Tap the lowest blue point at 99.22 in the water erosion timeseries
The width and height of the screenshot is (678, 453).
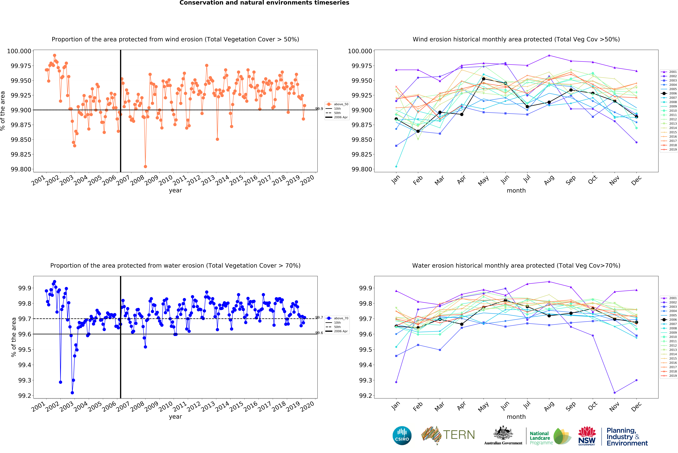72,393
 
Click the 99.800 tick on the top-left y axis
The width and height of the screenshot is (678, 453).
21,169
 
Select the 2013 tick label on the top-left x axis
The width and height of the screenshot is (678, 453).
208,180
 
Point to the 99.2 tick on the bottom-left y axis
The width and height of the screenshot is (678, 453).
25,396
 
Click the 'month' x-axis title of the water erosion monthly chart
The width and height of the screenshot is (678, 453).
516,417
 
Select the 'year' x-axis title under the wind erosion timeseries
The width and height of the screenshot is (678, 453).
175,190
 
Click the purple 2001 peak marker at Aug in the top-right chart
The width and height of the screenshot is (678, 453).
549,55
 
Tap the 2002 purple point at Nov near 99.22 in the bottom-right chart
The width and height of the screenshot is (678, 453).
614,393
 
